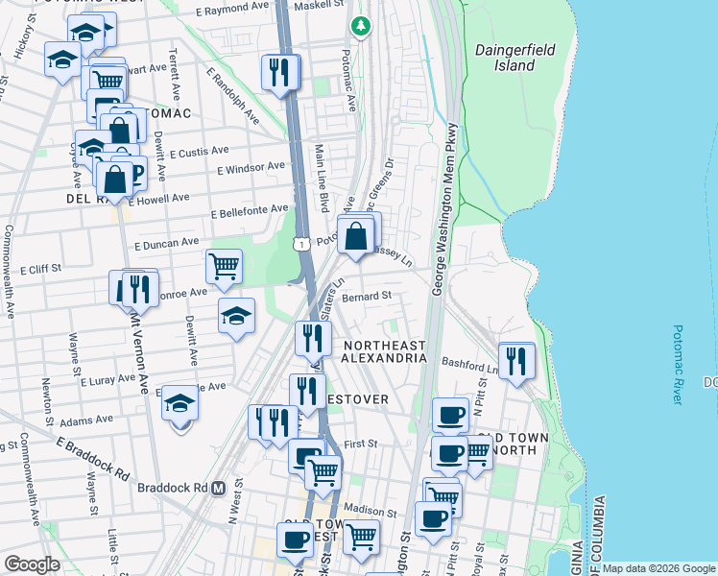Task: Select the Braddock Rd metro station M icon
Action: pyautogui.click(x=218, y=488)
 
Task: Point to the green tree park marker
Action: pyautogui.click(x=361, y=26)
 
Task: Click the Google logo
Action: pyautogui.click(x=32, y=564)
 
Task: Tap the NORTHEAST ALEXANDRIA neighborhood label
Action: pyautogui.click(x=384, y=351)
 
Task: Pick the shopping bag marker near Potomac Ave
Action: pyautogui.click(x=356, y=234)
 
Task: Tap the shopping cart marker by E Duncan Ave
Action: pyautogui.click(x=224, y=266)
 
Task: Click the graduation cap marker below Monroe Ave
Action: pyautogui.click(x=235, y=316)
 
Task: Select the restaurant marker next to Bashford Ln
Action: pyautogui.click(x=516, y=360)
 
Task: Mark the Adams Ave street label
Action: pyautogui.click(x=86, y=420)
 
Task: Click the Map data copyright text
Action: pyautogui.click(x=658, y=568)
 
